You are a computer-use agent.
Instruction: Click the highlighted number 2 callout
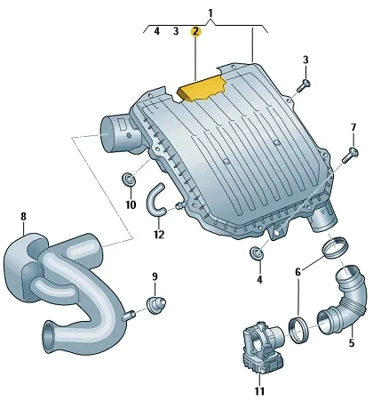point(195,31)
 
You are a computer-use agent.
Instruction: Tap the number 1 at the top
point(210,13)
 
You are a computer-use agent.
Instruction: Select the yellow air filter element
point(202,88)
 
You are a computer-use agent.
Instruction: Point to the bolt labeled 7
point(350,155)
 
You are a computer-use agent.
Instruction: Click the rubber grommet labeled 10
point(129,180)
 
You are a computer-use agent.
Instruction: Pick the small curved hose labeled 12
point(155,200)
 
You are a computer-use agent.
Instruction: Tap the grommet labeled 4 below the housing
point(257,253)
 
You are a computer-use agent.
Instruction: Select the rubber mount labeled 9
point(156,304)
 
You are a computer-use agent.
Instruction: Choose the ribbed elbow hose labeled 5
point(345,303)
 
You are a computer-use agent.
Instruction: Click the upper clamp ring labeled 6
point(335,248)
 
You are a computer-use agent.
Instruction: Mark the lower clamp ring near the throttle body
point(298,330)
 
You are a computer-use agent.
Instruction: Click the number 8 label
point(23,216)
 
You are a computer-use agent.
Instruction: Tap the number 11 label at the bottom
point(259,391)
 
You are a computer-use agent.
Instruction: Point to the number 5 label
point(352,343)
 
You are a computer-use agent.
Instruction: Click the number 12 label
point(159,235)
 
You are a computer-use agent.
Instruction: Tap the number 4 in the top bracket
point(156,31)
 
